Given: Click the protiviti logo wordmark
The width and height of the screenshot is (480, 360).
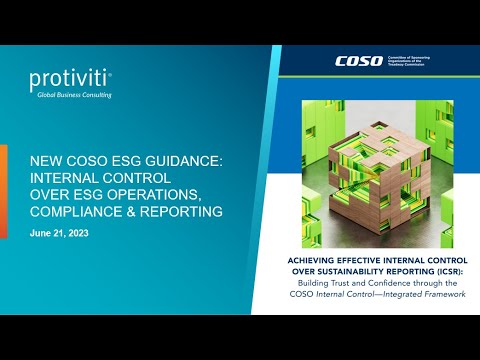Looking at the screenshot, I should (70, 78).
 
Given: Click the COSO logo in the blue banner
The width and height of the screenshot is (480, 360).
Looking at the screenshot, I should (358, 62).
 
